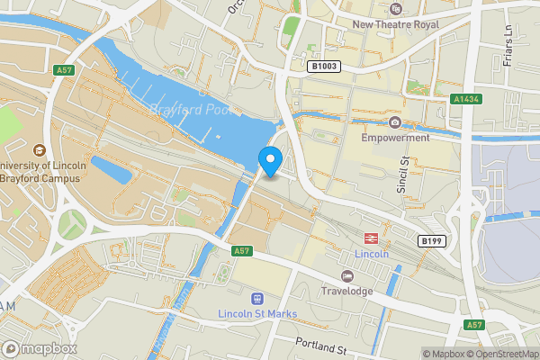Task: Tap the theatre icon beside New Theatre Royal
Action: pos(394,10)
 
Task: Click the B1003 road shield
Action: pos(324,66)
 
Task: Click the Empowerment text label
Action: pos(395,139)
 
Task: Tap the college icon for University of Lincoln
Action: pos(39,149)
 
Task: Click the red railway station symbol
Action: pos(369,238)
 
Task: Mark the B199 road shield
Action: pos(431,241)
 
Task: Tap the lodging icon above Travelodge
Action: pos(348,275)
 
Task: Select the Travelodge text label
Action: pos(348,292)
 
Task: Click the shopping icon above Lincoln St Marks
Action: pos(258,297)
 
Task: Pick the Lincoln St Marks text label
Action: pos(258,313)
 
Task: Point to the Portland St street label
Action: pos(323,346)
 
